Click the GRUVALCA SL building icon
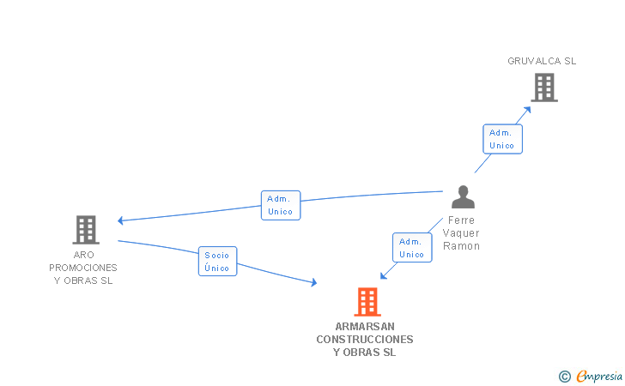click(543, 87)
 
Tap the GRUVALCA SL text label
click(542, 61)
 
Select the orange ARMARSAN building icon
click(367, 302)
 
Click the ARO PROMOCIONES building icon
click(86, 229)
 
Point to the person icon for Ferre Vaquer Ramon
click(463, 197)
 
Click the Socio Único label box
click(218, 262)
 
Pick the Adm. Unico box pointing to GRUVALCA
click(501, 139)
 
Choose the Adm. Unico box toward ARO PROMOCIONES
click(281, 205)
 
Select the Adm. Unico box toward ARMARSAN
click(412, 248)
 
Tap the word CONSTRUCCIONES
click(365, 340)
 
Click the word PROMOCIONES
click(83, 268)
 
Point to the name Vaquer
click(462, 233)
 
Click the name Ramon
click(462, 246)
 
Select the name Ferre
click(462, 220)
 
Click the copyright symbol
click(564, 376)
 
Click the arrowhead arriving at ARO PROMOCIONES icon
click(121, 220)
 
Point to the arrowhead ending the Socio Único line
click(313, 282)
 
